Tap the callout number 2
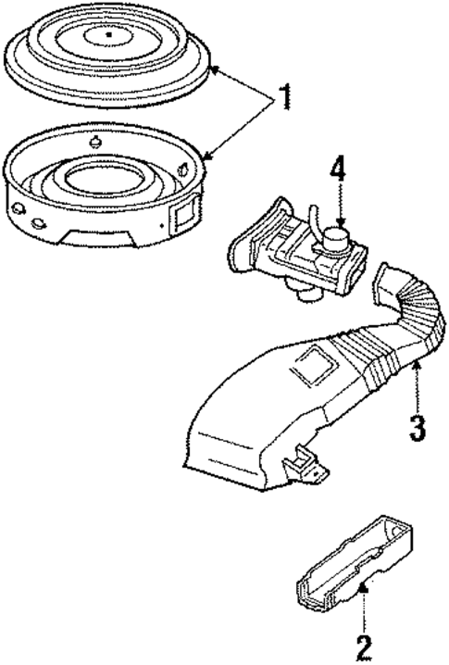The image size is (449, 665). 363,644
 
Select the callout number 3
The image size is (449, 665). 418,427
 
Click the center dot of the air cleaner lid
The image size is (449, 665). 108,35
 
